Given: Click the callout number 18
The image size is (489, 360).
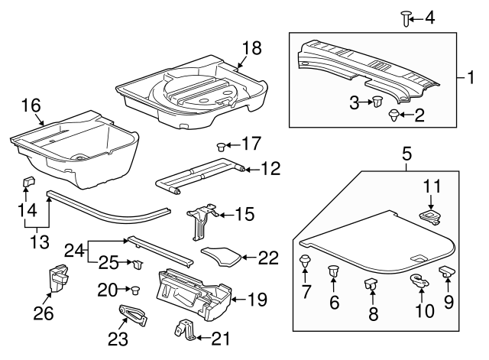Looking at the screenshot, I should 251,48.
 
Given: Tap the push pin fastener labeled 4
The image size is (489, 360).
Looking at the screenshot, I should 406,18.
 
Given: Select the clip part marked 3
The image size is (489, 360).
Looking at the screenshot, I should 377,102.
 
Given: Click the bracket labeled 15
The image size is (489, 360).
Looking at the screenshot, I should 200,219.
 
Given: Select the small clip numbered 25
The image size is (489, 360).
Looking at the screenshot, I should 139,264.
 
